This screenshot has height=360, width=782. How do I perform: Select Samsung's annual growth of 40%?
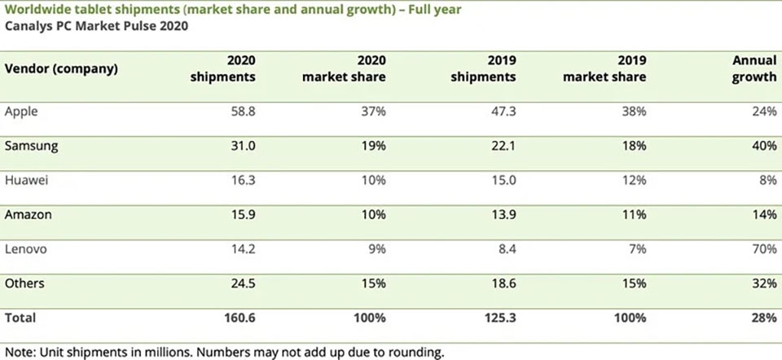point(765,146)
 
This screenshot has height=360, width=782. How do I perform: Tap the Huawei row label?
point(26,180)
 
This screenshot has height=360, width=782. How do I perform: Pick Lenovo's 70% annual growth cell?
point(765,248)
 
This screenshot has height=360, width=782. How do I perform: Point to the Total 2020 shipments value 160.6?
point(239,318)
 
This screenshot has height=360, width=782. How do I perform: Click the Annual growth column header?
point(754,68)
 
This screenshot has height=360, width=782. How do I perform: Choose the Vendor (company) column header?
point(61,68)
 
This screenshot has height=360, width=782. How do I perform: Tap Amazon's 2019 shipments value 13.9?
point(503,214)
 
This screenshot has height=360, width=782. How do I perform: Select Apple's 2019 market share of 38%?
point(634,112)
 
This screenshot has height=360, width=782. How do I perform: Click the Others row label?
point(24,283)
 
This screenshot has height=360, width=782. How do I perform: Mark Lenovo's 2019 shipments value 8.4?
point(507,248)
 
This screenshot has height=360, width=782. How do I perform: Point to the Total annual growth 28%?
point(765,318)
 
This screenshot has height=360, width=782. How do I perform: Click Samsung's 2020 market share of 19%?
point(374,146)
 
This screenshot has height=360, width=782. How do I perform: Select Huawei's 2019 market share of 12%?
point(635,180)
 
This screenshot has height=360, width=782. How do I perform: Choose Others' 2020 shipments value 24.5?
point(243,283)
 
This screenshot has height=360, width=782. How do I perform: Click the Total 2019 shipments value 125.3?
point(500,318)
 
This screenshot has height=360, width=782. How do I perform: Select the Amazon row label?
point(28,214)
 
